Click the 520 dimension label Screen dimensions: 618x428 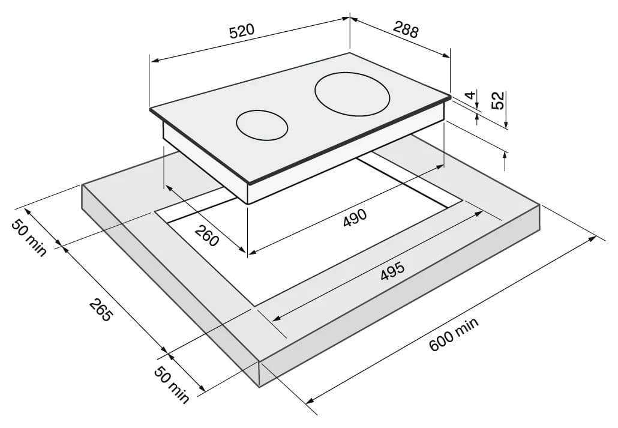click(242, 31)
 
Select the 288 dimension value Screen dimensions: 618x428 click(406, 29)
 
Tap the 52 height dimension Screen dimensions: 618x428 click(498, 100)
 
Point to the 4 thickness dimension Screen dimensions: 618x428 click(469, 95)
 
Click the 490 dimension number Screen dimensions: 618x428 click(355, 217)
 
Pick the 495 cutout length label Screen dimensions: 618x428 click(392, 271)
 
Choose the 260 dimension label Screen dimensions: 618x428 click(206, 235)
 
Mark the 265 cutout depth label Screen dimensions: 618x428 click(101, 310)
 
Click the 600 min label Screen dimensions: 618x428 click(454, 334)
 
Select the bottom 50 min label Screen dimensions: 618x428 click(172, 384)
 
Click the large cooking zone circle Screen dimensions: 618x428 click(352, 95)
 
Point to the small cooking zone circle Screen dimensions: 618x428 click(262, 125)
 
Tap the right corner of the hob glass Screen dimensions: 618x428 click(450, 95)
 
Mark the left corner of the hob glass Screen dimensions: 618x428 click(150, 109)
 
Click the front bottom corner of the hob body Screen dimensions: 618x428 click(248, 203)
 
